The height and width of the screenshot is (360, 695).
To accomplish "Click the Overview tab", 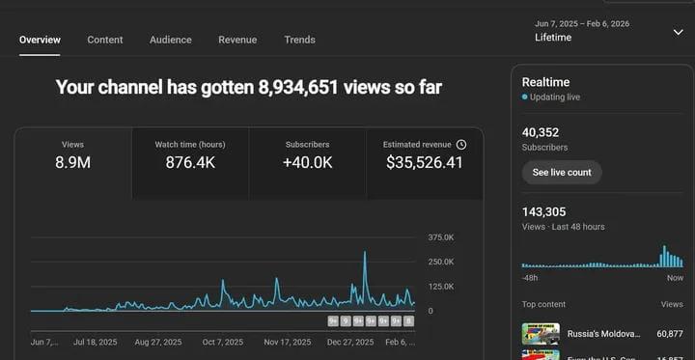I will click(40, 40).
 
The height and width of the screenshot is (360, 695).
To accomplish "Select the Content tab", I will click(105, 40).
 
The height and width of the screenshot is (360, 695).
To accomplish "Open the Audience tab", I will click(171, 40).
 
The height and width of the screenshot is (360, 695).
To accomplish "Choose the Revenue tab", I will click(237, 40).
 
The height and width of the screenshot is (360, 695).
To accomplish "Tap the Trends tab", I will click(299, 40).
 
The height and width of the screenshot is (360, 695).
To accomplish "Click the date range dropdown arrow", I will click(678, 32).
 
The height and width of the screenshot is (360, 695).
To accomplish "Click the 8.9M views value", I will click(72, 162).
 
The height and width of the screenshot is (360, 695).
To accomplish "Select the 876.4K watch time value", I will click(190, 162).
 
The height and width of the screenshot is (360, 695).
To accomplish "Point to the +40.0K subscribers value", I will click(307, 162).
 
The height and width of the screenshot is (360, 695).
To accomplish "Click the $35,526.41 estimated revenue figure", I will click(424, 162).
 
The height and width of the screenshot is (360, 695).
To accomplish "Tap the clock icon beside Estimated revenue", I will click(461, 144).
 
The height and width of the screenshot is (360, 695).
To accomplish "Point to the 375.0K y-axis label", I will click(442, 236).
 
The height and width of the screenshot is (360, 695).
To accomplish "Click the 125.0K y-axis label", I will click(442, 287).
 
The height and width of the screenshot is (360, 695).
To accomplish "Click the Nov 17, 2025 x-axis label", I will click(288, 342).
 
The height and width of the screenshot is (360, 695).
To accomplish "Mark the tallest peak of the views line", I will click(365, 253).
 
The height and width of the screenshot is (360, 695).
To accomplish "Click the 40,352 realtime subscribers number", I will click(541, 132).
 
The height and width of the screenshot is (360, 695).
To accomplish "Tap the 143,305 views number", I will click(543, 211).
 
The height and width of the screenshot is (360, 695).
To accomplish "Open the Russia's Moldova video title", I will click(603, 333).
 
